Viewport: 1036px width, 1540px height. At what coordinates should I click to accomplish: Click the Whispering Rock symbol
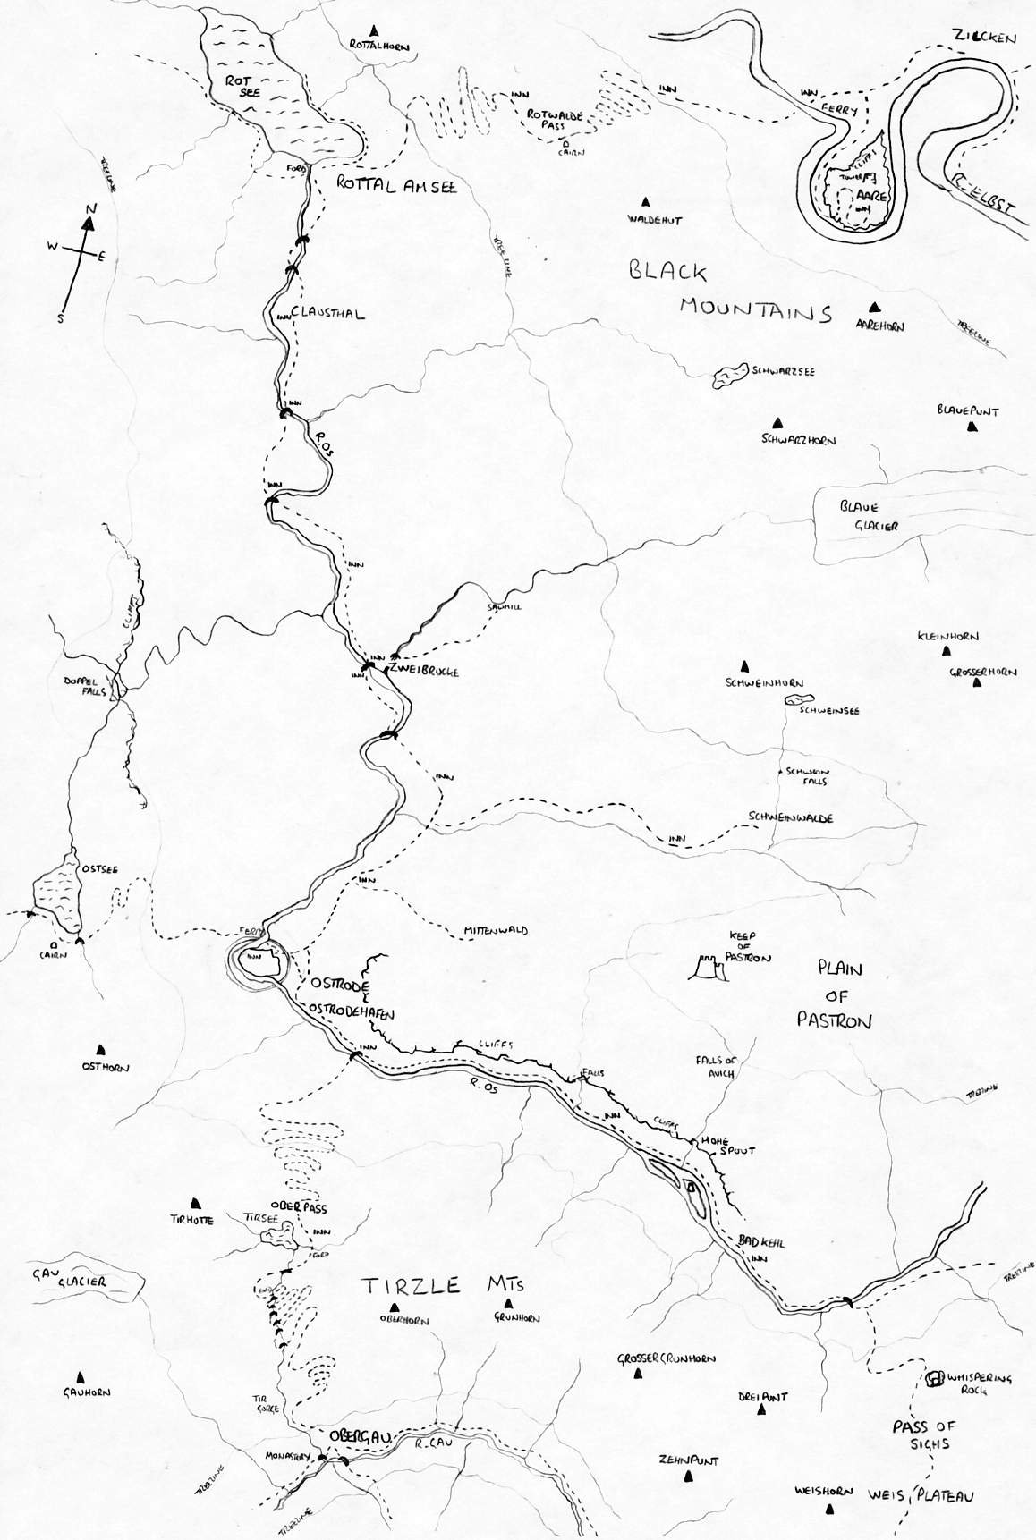[935, 1378]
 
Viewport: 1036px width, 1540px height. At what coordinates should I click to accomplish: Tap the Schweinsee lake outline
[796, 701]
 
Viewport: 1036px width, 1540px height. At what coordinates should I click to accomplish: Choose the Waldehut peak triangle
[643, 202]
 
